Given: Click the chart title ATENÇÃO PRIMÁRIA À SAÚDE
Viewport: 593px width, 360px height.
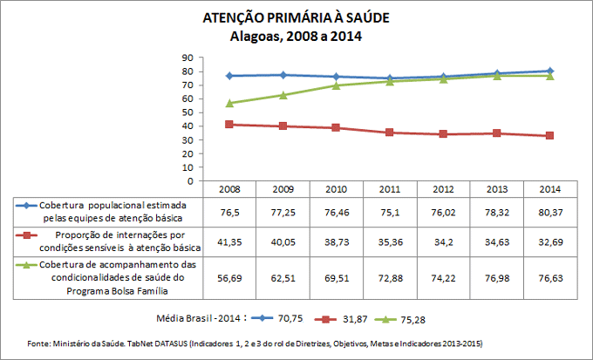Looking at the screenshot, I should pos(296,18).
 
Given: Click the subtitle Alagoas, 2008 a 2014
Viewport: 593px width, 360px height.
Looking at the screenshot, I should pos(296,36).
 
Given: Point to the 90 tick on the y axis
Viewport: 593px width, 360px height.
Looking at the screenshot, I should pos(187,58).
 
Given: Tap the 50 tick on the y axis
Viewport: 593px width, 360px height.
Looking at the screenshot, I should pos(187,112).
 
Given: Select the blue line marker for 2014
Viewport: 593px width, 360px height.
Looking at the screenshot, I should pos(549,71).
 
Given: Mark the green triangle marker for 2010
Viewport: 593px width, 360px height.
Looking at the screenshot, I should pos(336,85).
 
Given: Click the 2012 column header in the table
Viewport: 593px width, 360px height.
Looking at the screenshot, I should pos(442,188).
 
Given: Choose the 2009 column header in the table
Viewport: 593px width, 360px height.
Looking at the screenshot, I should pos(283,188).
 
